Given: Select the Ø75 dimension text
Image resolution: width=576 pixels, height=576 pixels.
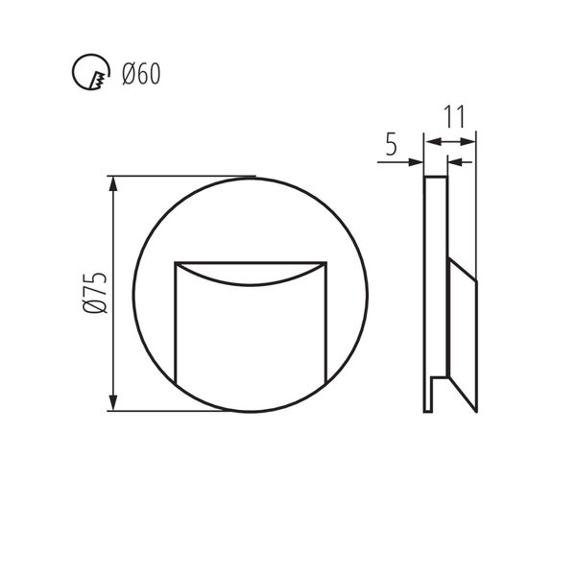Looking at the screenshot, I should coord(93,293).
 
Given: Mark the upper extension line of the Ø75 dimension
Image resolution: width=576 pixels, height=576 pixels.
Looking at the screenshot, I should coord(182,176).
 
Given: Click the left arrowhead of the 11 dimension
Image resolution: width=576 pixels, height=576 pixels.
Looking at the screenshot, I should coord(431,141).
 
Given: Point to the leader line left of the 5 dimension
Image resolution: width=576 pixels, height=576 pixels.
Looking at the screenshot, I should coord(398,162).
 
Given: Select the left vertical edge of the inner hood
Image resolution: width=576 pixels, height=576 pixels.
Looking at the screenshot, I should coord(175,322).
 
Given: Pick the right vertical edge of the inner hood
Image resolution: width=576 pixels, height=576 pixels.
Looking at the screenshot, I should coord(325,322).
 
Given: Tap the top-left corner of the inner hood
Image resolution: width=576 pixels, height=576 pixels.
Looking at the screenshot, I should coord(175,262).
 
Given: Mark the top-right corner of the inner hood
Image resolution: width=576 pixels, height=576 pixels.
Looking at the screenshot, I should coord(325,262).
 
